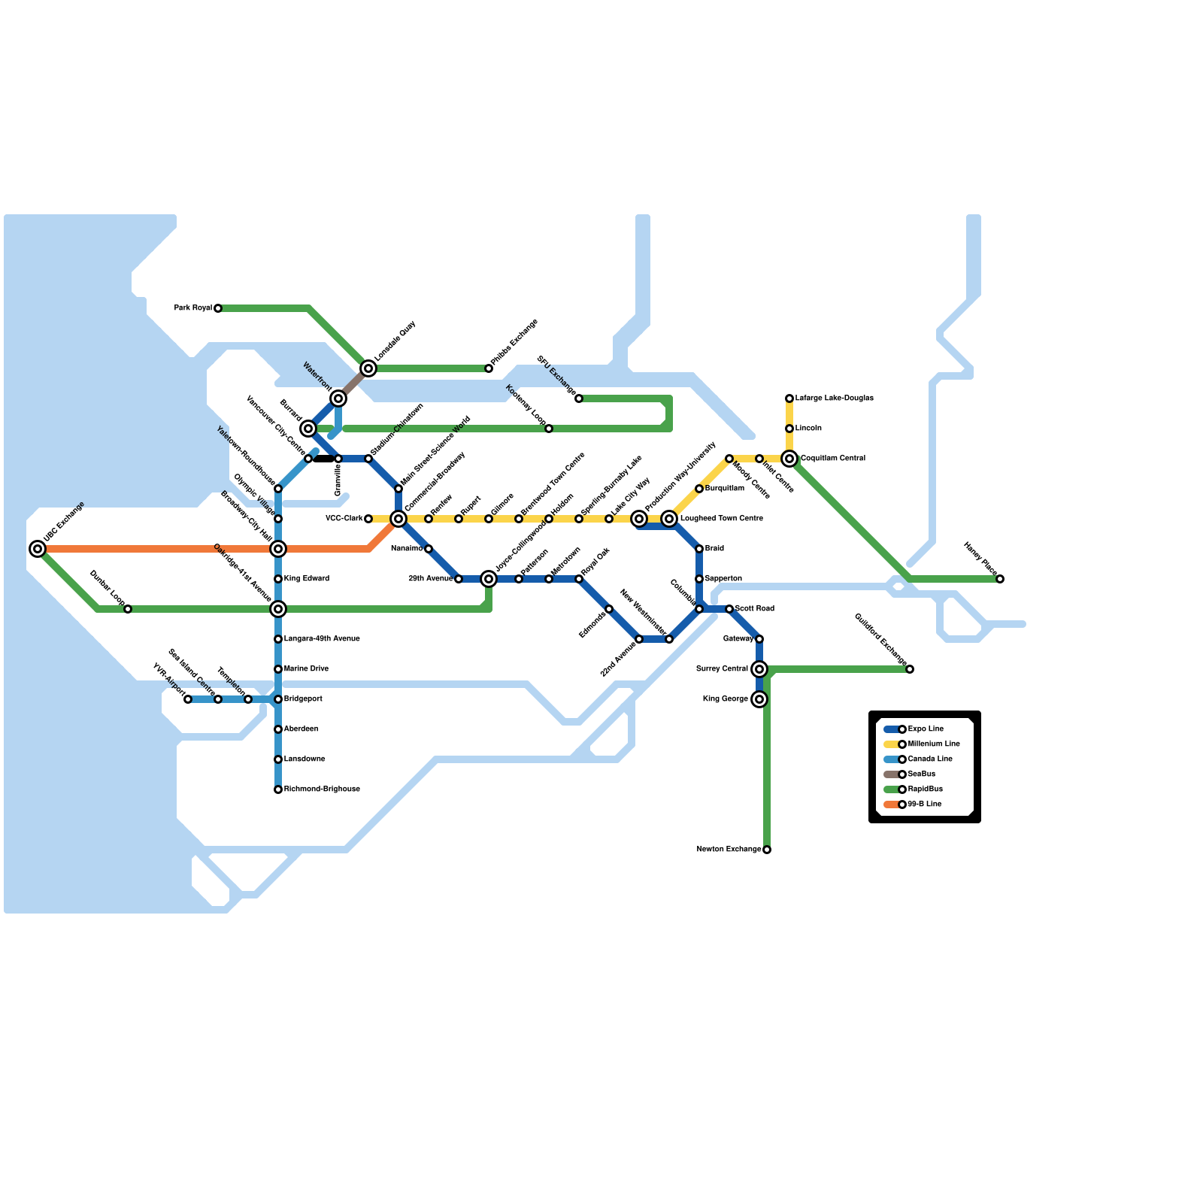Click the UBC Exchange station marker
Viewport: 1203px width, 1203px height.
pos(38,549)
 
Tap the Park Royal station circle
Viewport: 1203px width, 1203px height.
pos(218,308)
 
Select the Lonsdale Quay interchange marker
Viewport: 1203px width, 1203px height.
pos(368,368)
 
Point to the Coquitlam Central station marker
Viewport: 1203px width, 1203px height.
pos(789,459)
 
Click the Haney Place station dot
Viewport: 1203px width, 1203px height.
pos(1000,579)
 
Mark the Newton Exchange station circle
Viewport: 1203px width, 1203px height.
pos(767,850)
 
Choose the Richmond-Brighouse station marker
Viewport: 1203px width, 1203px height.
pos(278,789)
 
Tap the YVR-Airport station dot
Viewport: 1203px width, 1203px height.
pos(188,699)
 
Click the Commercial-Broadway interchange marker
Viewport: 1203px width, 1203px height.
pos(398,519)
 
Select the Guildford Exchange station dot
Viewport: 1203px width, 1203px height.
pos(910,669)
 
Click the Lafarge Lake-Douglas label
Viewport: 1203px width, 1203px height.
pos(834,398)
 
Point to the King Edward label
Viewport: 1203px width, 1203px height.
pos(306,579)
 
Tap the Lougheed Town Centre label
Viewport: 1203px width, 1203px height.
pos(721,519)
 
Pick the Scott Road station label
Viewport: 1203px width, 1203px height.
pos(754,609)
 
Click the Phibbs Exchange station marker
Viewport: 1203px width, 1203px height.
pos(489,368)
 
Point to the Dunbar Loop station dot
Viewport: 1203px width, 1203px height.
pos(128,609)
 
